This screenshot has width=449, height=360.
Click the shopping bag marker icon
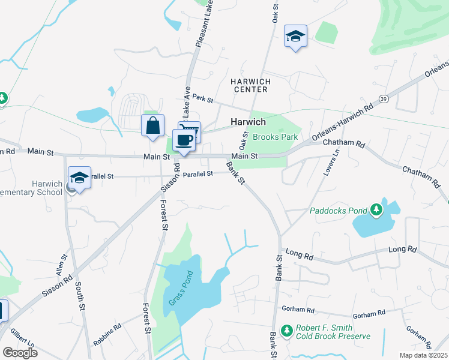click(153, 125)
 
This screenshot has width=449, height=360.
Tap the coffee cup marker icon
click(184, 140)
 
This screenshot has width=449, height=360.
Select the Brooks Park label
click(276, 137)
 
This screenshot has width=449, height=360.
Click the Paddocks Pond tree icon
click(376, 210)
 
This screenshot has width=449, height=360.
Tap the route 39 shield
click(382, 98)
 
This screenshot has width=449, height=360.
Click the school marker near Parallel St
click(80, 178)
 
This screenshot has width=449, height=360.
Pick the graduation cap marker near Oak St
click(295, 36)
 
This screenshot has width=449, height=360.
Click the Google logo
click(20, 352)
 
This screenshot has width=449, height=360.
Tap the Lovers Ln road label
click(328, 162)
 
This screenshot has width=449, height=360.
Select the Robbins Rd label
click(107, 335)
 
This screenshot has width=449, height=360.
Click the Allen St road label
click(62, 265)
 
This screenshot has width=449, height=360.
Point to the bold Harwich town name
click(249, 122)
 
